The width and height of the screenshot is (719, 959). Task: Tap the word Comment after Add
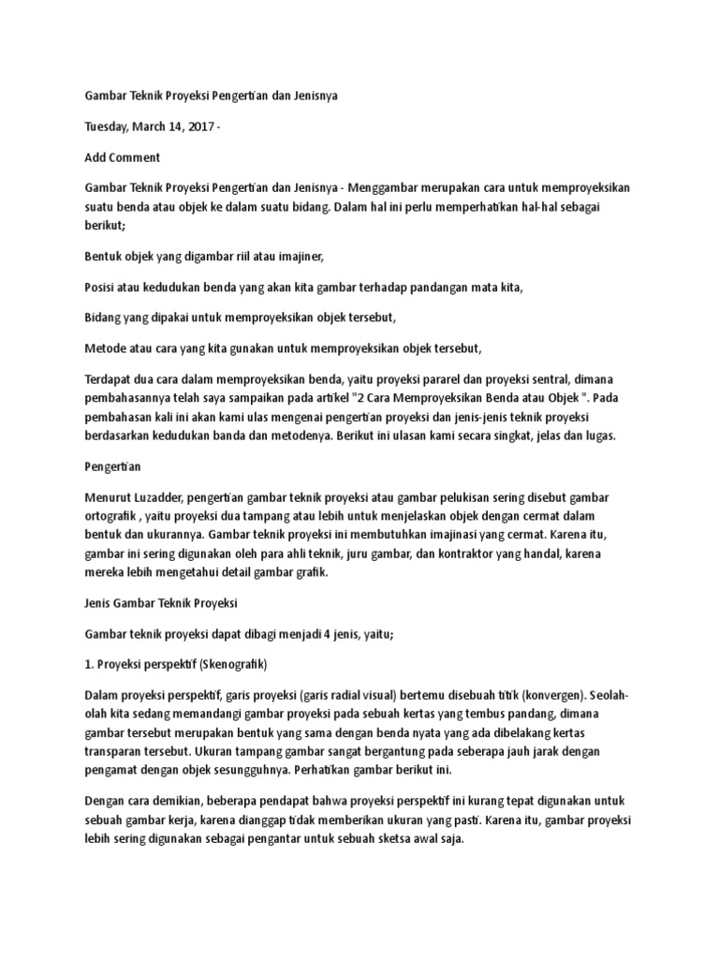tap(137, 157)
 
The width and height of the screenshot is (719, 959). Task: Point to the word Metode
tap(106, 348)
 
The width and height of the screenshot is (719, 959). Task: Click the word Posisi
tap(101, 287)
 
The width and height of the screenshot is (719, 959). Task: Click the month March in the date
tap(158, 126)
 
